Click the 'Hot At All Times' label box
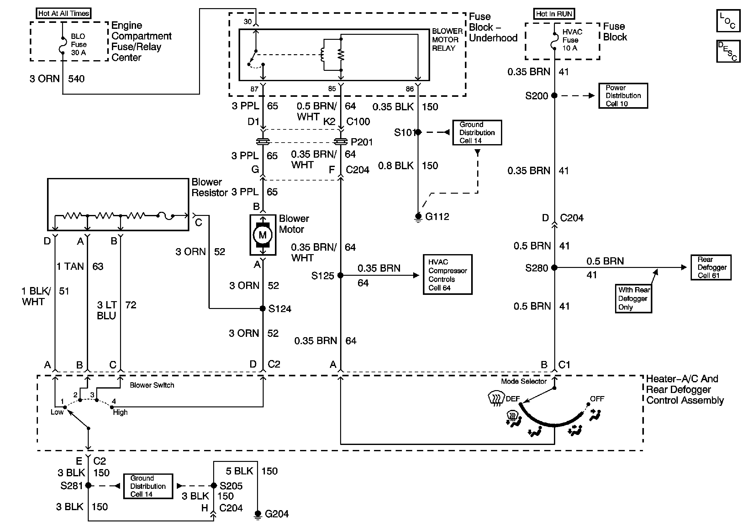(64, 13)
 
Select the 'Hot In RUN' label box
(554, 14)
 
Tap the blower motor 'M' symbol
(262, 235)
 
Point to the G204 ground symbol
(258, 514)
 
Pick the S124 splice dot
(262, 308)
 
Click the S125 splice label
(322, 276)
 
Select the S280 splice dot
(554, 267)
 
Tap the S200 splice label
(537, 96)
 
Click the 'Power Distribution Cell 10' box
(623, 96)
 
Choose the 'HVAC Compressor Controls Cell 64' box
(447, 274)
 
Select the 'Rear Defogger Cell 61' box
(711, 267)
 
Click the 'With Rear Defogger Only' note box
(633, 299)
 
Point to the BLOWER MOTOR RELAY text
(447, 40)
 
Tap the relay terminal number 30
(248, 22)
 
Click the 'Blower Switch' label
(152, 385)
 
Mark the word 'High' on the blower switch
(120, 412)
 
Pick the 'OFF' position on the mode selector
(597, 399)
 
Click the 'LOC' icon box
(728, 21)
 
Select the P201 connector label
(362, 142)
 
